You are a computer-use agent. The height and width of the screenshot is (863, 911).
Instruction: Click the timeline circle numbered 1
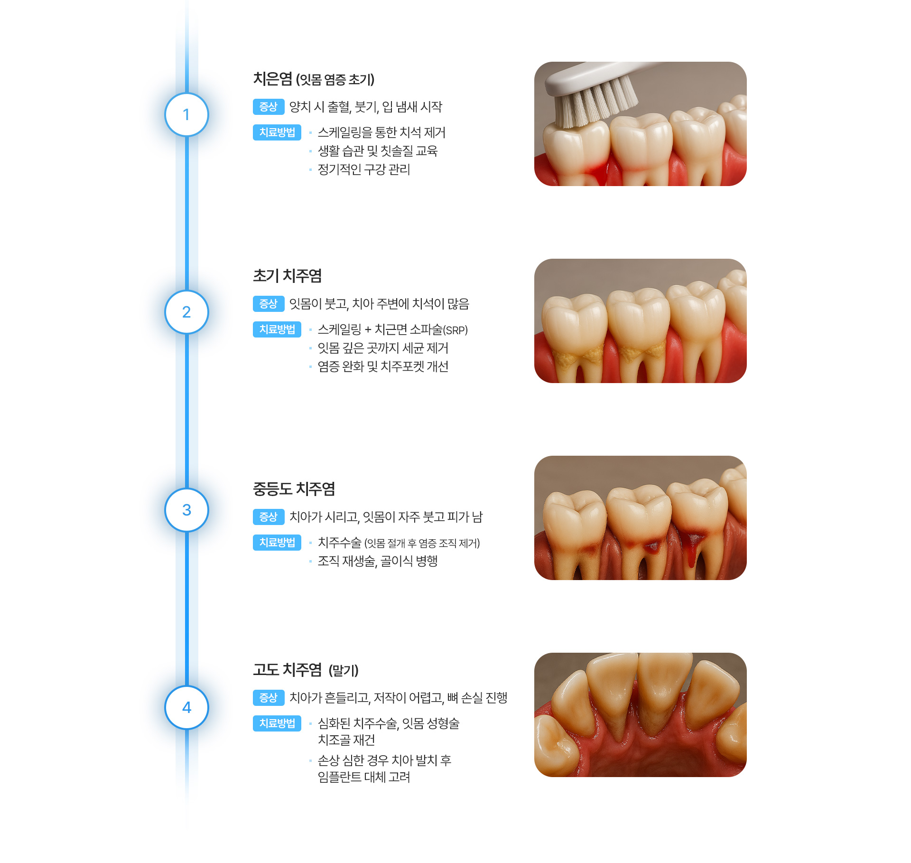pos(186,115)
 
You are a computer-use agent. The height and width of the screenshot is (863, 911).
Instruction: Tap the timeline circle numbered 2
pos(186,312)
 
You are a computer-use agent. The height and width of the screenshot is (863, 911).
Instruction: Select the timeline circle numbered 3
pos(186,510)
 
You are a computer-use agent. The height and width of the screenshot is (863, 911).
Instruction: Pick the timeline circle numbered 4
pos(186,707)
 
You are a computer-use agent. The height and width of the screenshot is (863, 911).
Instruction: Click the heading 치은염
pos(272,79)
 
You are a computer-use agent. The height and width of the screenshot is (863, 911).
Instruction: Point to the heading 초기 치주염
pos(287,276)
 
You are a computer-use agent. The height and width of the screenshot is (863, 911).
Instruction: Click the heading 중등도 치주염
pos(294,489)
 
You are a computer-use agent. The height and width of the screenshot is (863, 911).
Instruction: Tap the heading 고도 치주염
pos(287,670)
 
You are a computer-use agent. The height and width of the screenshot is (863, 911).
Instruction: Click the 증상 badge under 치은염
pos(268,107)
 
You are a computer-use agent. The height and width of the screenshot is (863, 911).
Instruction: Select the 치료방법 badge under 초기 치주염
pos(277,329)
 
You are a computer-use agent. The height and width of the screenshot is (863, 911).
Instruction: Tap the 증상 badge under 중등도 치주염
pos(268,516)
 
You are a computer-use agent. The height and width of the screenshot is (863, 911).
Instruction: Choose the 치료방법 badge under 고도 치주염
pos(277,723)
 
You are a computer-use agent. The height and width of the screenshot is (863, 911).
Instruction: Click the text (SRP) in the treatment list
pos(455,330)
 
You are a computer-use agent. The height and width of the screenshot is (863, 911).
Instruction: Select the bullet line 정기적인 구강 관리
pos(363,169)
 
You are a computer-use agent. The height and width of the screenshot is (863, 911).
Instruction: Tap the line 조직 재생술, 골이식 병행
pos(377,561)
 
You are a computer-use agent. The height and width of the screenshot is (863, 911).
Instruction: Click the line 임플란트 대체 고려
pos(363,777)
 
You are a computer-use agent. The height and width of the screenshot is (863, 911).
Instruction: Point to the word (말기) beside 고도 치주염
pos(344,670)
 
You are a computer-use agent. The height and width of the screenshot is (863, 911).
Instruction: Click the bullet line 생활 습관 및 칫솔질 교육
pos(377,151)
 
